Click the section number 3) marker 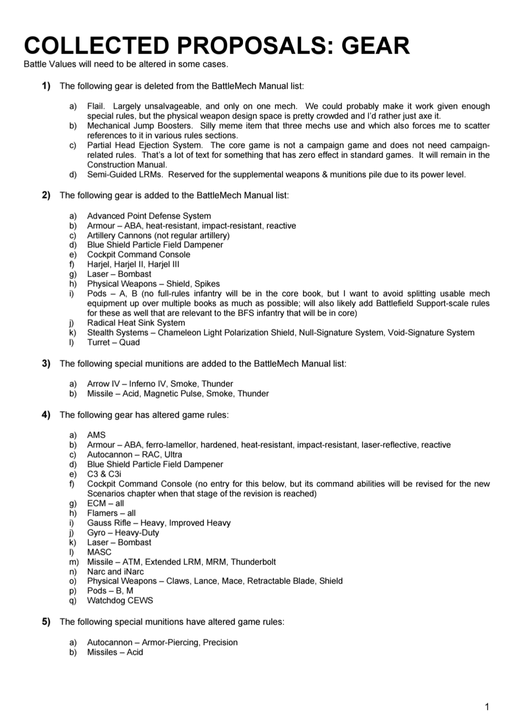(46, 363)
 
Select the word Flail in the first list (96, 106)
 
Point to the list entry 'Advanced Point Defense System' (149, 216)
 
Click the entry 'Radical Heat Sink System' (136, 322)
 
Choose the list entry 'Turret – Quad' (113, 342)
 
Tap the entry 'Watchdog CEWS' (120, 600)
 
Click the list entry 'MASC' (99, 552)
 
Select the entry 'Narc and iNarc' (115, 571)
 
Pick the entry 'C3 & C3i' (104, 474)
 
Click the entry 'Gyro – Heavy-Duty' (123, 532)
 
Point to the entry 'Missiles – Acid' (115, 652)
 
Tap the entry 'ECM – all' (105, 503)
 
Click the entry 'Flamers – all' (111, 513)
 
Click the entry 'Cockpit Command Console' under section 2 (139, 254)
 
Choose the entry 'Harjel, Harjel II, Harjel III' (133, 264)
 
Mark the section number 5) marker (46, 622)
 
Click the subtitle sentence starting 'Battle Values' (126, 64)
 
